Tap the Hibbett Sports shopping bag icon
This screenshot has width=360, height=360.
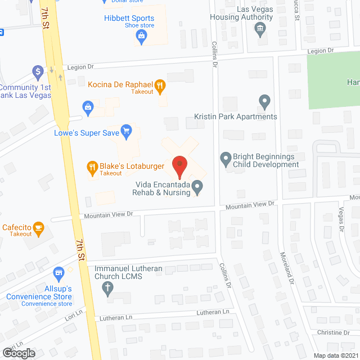[142, 38]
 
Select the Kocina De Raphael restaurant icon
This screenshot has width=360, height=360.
[160, 86]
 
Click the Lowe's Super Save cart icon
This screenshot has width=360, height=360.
[127, 133]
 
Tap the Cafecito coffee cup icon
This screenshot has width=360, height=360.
[39, 227]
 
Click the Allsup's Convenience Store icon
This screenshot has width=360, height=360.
[58, 273]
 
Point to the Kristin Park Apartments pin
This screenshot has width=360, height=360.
[265, 103]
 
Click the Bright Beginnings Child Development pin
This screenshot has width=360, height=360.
[226, 160]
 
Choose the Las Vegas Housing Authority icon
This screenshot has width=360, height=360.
[260, 30]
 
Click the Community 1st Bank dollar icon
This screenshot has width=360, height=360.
[38, 71]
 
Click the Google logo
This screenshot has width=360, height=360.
[19, 353]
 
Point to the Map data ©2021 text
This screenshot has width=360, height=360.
[335, 355]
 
